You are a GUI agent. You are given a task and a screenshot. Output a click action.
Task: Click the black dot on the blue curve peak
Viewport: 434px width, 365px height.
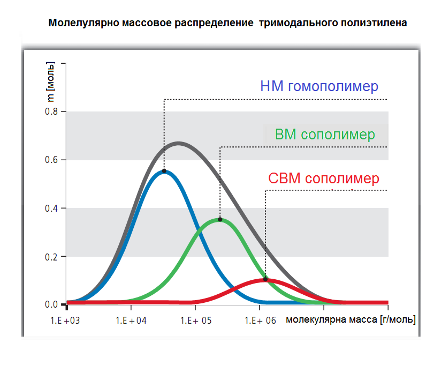(x=164, y=171)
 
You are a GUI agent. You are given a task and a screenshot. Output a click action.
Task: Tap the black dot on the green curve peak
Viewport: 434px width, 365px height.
(x=220, y=220)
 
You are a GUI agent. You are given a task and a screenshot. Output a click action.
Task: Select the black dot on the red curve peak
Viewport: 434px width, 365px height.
(x=265, y=279)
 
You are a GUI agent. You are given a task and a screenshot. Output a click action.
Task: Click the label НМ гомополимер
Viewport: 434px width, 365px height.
(x=319, y=86)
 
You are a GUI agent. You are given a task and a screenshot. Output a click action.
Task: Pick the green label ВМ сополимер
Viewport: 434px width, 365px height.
(x=325, y=135)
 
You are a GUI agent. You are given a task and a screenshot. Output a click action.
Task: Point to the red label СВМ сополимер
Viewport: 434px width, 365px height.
(x=324, y=178)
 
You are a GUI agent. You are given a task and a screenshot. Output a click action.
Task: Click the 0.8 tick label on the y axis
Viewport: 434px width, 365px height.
(x=51, y=111)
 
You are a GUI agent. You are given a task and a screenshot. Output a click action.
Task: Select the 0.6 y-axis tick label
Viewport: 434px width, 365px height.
(x=51, y=160)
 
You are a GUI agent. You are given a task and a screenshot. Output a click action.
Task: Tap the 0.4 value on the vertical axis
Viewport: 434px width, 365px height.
(x=51, y=208)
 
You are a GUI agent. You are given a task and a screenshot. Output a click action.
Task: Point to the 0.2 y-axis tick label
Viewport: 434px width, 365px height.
(x=51, y=257)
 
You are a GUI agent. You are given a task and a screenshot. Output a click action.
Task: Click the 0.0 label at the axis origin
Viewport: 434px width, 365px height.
(x=51, y=304)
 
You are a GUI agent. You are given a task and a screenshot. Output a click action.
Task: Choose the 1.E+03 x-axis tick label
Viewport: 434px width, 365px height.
(x=65, y=321)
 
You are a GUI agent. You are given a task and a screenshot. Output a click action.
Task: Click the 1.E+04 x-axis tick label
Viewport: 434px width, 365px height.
(x=131, y=321)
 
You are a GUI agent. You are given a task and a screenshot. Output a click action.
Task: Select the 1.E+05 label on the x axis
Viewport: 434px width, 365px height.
(x=196, y=321)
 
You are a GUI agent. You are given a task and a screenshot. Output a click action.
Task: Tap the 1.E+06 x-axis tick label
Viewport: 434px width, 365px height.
(x=261, y=321)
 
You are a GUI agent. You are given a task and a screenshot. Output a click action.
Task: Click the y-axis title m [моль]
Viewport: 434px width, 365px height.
(x=50, y=82)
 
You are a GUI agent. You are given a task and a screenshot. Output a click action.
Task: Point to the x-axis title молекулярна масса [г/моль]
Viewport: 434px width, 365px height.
(x=351, y=319)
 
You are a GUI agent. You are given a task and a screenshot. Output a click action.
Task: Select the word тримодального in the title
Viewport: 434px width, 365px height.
(x=298, y=23)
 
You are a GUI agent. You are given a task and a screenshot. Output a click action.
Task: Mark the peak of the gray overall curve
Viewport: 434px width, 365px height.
(x=179, y=143)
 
